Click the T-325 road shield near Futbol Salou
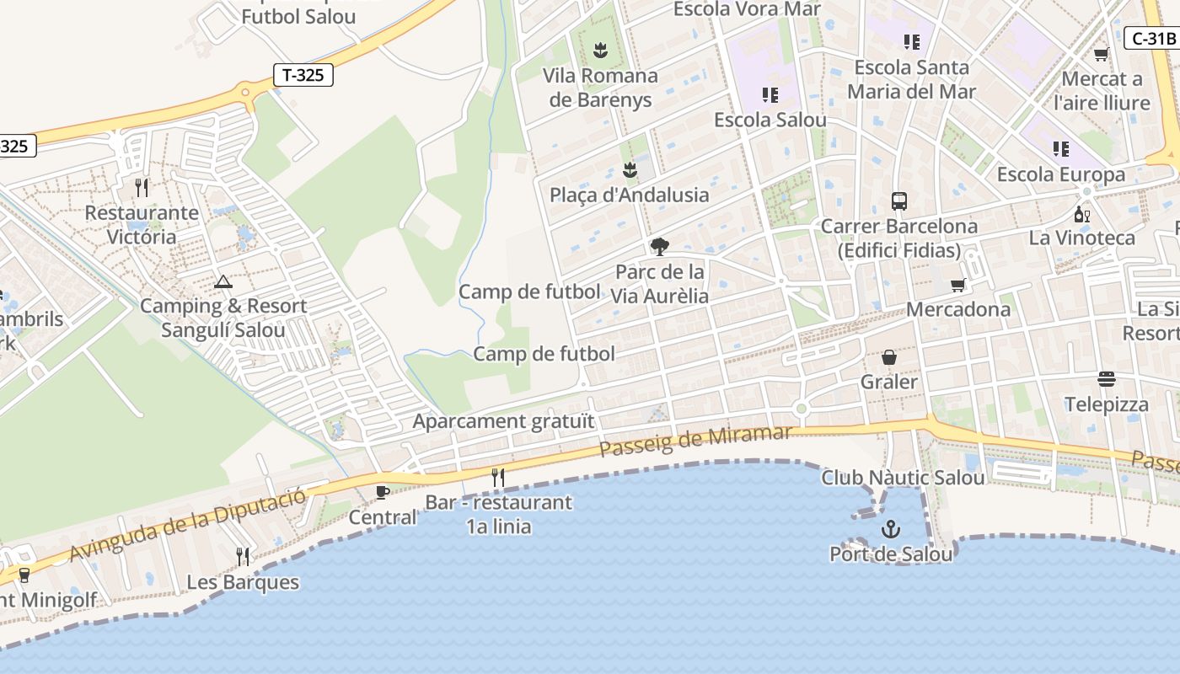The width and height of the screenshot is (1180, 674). pos(303,75)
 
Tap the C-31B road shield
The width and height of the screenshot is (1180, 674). pos(1152,38)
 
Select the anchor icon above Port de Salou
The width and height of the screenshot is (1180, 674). pos(891,529)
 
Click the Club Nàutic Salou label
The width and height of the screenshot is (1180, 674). pos(903,478)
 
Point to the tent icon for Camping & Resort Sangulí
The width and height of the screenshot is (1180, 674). pos(223,281)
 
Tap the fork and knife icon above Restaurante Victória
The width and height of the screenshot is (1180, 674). pos(142,187)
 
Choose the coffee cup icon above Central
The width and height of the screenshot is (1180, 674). pos(383,492)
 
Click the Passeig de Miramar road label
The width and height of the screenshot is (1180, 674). pos(695,441)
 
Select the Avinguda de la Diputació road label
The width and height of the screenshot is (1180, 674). pos(187,524)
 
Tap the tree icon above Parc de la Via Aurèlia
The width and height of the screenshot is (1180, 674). pos(660,247)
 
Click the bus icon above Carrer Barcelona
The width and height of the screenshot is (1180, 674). pos(899,201)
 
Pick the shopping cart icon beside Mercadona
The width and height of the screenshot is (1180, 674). pos(957,285)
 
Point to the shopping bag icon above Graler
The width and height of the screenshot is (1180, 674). pos(889,357)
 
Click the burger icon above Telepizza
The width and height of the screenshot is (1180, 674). pos(1107,379)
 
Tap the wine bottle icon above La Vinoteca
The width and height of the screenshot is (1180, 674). pos(1082,214)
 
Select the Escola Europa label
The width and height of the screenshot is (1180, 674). pos(1060,174)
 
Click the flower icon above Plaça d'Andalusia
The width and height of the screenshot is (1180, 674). pos(630,170)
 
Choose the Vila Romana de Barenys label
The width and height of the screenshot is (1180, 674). pos(600,88)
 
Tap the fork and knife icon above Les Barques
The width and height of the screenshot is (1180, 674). pos(243,556)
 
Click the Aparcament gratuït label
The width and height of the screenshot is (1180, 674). pos(503,421)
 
